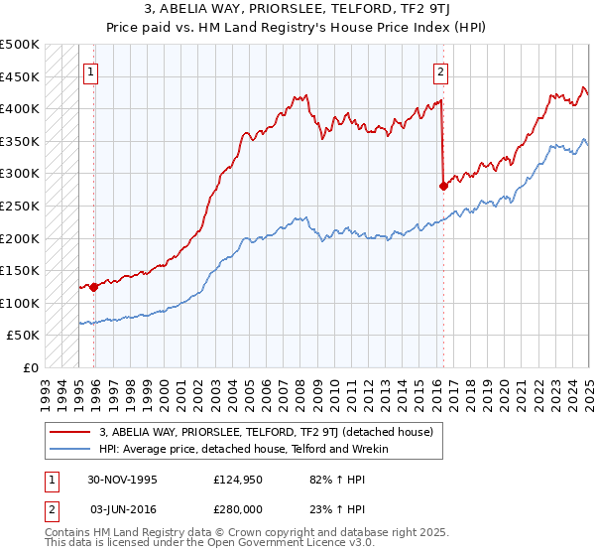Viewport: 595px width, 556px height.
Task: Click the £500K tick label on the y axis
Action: point(20,45)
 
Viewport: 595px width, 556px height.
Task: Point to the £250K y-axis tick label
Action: point(20,206)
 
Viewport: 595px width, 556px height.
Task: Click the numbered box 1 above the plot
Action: point(90,70)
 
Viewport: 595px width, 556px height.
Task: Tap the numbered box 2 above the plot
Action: point(439,70)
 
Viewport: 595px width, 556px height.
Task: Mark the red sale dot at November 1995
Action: point(94,287)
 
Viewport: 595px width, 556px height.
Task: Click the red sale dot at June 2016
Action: point(443,186)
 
